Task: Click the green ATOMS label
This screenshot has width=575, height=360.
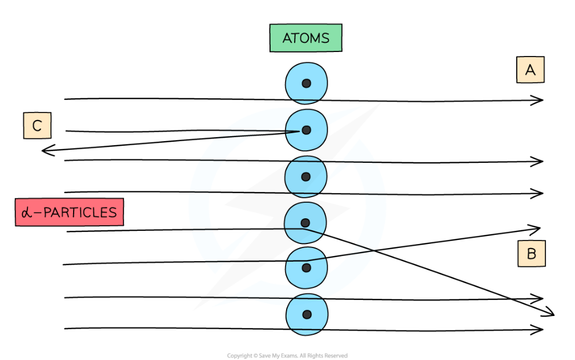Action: pyautogui.click(x=306, y=38)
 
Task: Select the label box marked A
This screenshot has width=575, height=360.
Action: pyautogui.click(x=530, y=70)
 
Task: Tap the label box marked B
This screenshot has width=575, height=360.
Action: pyautogui.click(x=531, y=254)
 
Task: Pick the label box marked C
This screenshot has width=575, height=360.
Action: pyautogui.click(x=37, y=126)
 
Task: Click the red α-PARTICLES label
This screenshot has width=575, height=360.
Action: pyautogui.click(x=69, y=213)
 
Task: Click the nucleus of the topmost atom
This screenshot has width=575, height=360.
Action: pyautogui.click(x=306, y=83)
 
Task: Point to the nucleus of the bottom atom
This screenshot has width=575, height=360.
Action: pyautogui.click(x=307, y=314)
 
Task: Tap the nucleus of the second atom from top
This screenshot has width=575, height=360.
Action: pyautogui.click(x=306, y=130)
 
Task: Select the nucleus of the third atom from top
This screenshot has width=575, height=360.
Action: pyautogui.click(x=306, y=177)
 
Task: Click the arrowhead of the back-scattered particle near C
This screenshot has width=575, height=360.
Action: pyautogui.click(x=45, y=151)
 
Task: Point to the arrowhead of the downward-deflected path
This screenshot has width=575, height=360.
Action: pyautogui.click(x=552, y=313)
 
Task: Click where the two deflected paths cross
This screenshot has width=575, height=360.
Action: pyautogui.click(x=374, y=251)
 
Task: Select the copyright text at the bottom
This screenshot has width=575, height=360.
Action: pyautogui.click(x=287, y=355)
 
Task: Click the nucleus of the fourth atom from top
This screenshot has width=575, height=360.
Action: pyautogui.click(x=305, y=222)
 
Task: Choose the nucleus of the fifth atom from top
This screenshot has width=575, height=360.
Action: pyautogui.click(x=306, y=267)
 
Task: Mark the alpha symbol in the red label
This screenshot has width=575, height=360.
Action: pyautogui.click(x=26, y=213)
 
